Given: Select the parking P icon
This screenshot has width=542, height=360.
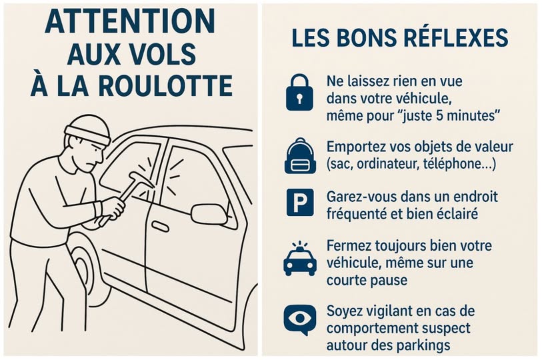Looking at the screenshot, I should click(x=300, y=202).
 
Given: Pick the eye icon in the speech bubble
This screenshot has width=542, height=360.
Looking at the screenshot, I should click(x=299, y=319).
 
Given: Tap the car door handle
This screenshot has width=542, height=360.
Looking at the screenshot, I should click(x=161, y=227).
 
